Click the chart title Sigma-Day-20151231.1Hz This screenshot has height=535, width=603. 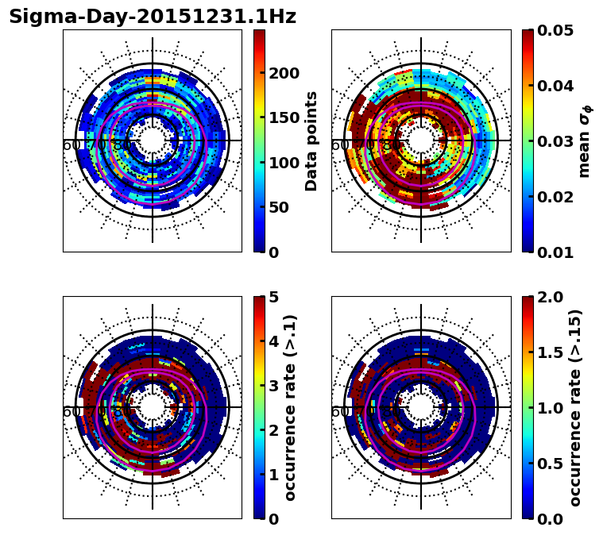coord(152,17)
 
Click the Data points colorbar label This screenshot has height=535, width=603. coord(311,140)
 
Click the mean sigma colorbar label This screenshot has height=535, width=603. coord(585,140)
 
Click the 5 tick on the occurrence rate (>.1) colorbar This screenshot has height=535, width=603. coord(273,297)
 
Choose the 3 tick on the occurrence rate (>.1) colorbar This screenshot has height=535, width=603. coord(273,386)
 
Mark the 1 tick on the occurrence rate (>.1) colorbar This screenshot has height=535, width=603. coord(273,475)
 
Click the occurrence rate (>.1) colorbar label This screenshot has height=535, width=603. coord(291,407)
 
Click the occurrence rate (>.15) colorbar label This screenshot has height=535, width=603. coord(576,407)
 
